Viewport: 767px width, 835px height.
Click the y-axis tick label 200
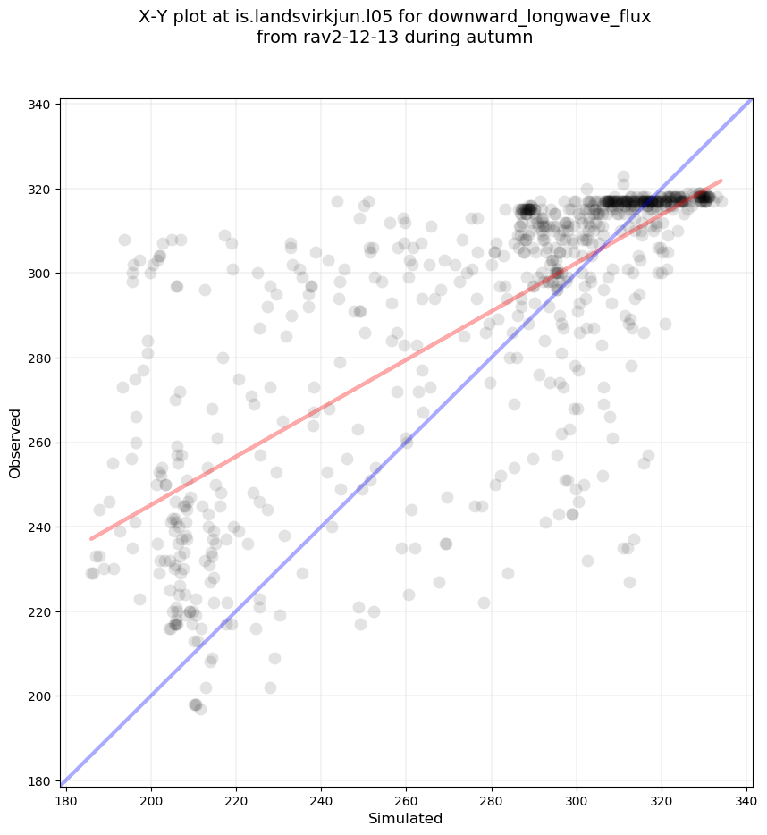pyautogui.click(x=40, y=696)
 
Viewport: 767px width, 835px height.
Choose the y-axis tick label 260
pyautogui.click(x=40, y=443)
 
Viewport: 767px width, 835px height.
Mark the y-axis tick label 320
pyautogui.click(x=40, y=189)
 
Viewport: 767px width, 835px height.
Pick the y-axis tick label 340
pyautogui.click(x=40, y=105)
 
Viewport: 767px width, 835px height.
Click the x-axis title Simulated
pyautogui.click(x=406, y=818)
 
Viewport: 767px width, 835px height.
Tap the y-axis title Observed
pyautogui.click(x=15, y=443)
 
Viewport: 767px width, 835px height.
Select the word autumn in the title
pyautogui.click(x=505, y=38)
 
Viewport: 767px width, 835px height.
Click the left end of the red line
pyautogui.click(x=91, y=539)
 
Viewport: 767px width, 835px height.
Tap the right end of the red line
pyautogui.click(x=721, y=181)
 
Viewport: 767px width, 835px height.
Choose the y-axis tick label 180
pyautogui.click(x=40, y=780)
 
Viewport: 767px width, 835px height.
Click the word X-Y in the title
pyautogui.click(x=157, y=17)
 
